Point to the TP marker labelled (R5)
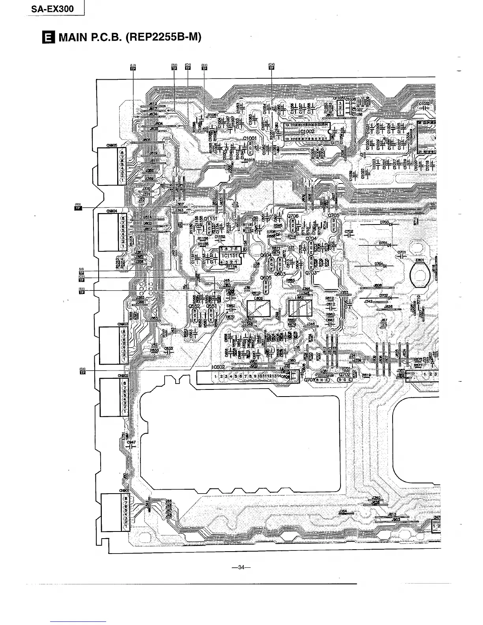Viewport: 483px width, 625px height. point(78,208)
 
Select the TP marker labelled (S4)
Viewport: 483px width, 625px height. point(82,372)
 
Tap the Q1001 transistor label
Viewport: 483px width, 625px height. point(250,138)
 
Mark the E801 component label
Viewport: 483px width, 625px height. point(419,260)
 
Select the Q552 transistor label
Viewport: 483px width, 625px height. point(194,305)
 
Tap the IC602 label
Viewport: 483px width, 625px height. point(218,367)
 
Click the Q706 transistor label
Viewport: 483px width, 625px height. point(293,216)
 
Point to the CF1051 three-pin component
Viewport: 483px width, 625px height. point(339,107)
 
